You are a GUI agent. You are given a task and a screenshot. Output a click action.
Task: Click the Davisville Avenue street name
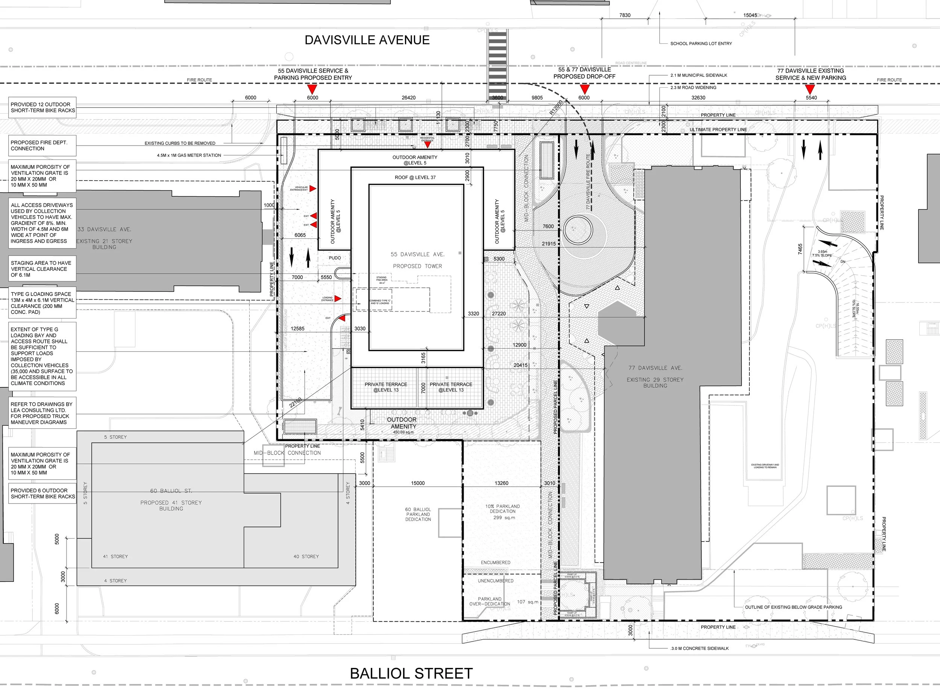point(367,40)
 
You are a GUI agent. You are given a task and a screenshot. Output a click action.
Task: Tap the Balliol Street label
point(411,673)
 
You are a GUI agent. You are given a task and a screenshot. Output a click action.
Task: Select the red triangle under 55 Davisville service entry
point(312,89)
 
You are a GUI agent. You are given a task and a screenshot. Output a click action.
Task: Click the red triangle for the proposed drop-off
point(585,89)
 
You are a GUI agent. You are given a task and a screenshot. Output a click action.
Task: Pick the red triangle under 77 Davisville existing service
point(810,89)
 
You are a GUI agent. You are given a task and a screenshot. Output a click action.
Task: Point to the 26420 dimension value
point(409,98)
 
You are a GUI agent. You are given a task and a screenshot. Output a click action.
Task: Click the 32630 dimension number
point(698,98)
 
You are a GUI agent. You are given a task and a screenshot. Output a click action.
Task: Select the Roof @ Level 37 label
point(415,177)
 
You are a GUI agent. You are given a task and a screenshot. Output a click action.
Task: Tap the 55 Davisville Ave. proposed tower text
point(417,260)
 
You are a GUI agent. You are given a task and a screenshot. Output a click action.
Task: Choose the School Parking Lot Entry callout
point(701,44)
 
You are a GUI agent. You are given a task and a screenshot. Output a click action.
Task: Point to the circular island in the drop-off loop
point(578,229)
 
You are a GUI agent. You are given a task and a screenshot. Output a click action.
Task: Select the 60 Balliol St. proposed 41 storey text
point(171,499)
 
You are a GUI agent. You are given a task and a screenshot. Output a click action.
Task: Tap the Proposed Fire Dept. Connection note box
point(42,145)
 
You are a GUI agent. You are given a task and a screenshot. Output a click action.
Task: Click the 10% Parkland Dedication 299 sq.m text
point(502,511)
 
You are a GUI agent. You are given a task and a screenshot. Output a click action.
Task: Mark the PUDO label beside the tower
point(335,258)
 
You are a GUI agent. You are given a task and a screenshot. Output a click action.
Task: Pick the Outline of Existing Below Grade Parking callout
point(793,607)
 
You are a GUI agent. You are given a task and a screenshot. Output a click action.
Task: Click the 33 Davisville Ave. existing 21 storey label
point(104,238)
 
